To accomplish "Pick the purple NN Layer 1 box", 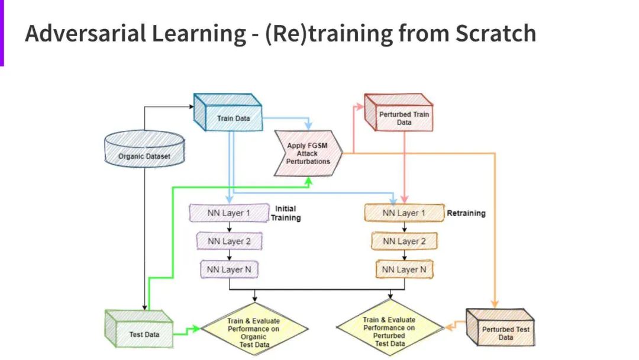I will coord(228,213).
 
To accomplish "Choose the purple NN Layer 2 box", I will coord(228,241).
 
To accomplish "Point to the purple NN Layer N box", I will coord(228,269).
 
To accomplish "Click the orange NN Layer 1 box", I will coord(404,213).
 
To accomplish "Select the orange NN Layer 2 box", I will coord(404,241).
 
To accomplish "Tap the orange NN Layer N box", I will coord(404,269).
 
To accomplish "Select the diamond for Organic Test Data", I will coord(254,329).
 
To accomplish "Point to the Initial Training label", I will coord(286,213).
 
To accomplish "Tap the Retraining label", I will coord(466,213).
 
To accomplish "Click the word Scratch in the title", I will coord(495,34).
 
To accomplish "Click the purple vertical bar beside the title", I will coord(2,33).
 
